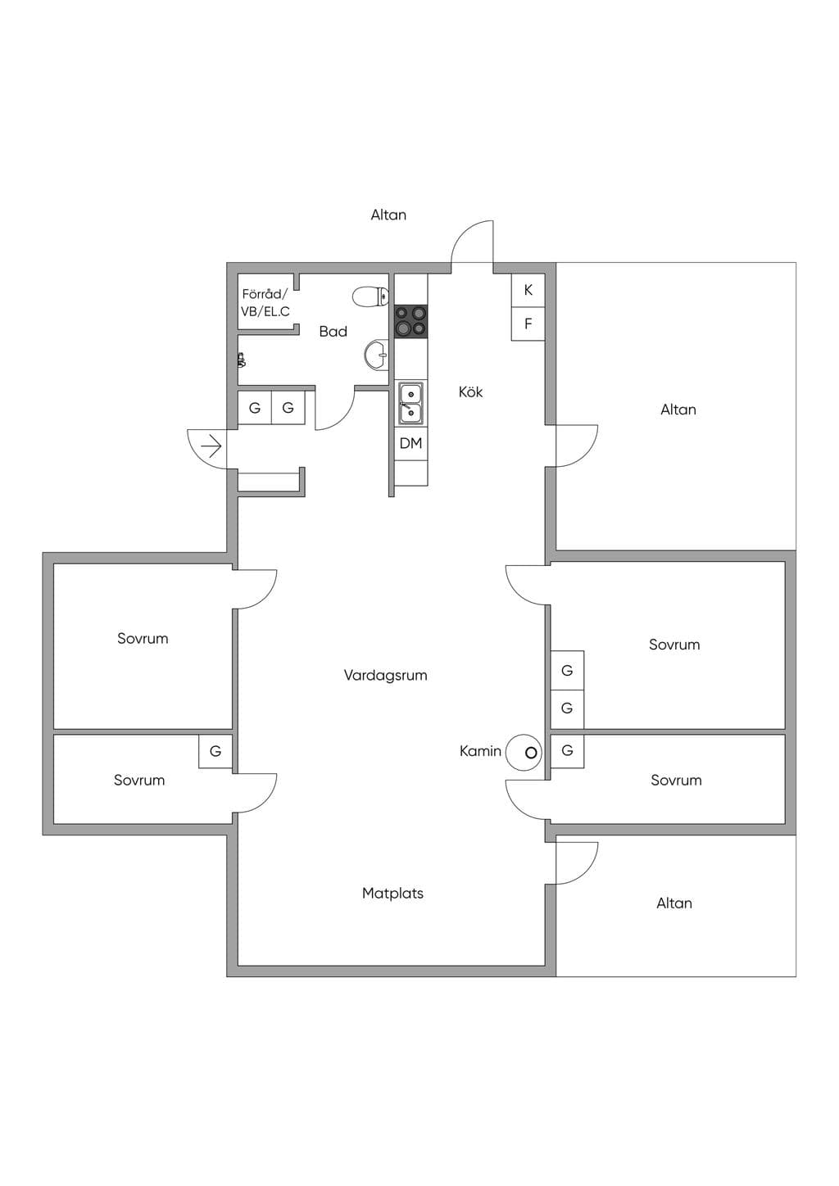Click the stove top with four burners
pyautogui.click(x=410, y=321)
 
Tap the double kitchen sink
pyautogui.click(x=410, y=403)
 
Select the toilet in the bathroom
pyautogui.click(x=370, y=296)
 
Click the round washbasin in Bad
pyautogui.click(x=377, y=354)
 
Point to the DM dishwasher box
pyautogui.click(x=411, y=443)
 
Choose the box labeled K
pyautogui.click(x=528, y=290)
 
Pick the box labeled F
pyautogui.click(x=528, y=324)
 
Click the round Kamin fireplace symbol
pyautogui.click(x=524, y=752)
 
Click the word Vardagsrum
pyautogui.click(x=386, y=675)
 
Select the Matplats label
pyautogui.click(x=393, y=894)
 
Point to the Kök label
pyautogui.click(x=471, y=392)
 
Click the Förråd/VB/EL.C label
pyautogui.click(x=265, y=302)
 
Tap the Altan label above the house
pyautogui.click(x=388, y=215)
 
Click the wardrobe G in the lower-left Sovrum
pyautogui.click(x=215, y=751)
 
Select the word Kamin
pyautogui.click(x=480, y=751)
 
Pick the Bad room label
pyautogui.click(x=333, y=332)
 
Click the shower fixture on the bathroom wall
pyautogui.click(x=242, y=360)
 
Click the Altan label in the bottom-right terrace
pyautogui.click(x=674, y=903)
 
